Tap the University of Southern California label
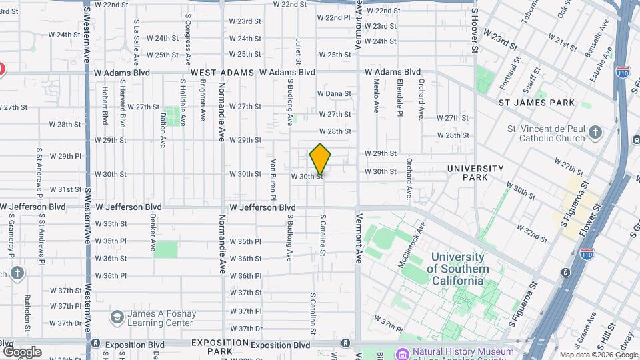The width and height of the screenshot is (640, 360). [x=457, y=269]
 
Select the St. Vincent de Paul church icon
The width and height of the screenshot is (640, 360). [x=596, y=134]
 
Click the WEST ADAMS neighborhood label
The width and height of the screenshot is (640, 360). [x=222, y=72]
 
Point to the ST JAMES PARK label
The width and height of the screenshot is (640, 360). [x=537, y=103]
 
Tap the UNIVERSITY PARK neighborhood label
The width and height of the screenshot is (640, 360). [x=475, y=173]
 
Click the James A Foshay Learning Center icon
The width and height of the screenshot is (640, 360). [x=117, y=317]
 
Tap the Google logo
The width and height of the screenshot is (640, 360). [x=22, y=352]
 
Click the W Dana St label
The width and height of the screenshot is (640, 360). [x=334, y=94]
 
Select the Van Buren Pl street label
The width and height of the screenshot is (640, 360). [x=273, y=179]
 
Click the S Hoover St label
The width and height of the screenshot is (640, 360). [x=475, y=30]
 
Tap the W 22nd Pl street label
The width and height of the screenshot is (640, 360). [x=333, y=17]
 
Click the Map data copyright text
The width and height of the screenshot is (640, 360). [x=597, y=355]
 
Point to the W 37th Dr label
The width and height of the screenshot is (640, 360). [x=65, y=323]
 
